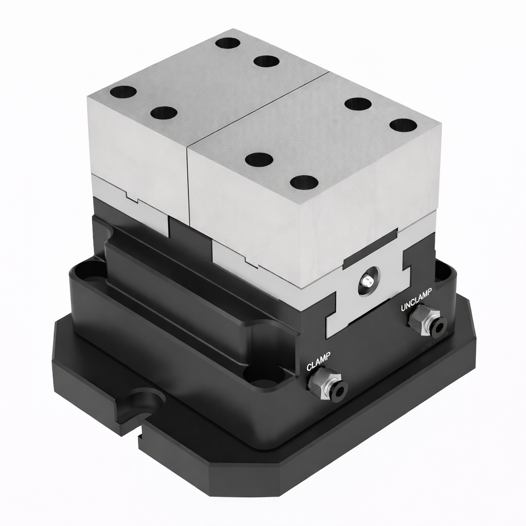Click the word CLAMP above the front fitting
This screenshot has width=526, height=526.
tap(318, 361)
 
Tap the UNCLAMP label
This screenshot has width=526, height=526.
tap(417, 300)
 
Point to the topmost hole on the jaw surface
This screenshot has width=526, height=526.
tap(228, 43)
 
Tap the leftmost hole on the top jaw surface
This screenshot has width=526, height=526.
tap(123, 92)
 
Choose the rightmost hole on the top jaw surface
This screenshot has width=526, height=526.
tap(403, 125)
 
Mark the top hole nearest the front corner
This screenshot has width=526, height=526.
tap(304, 181)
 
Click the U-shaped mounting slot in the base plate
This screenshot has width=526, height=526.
tap(145, 400)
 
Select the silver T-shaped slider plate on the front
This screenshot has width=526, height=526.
tap(368, 293)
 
